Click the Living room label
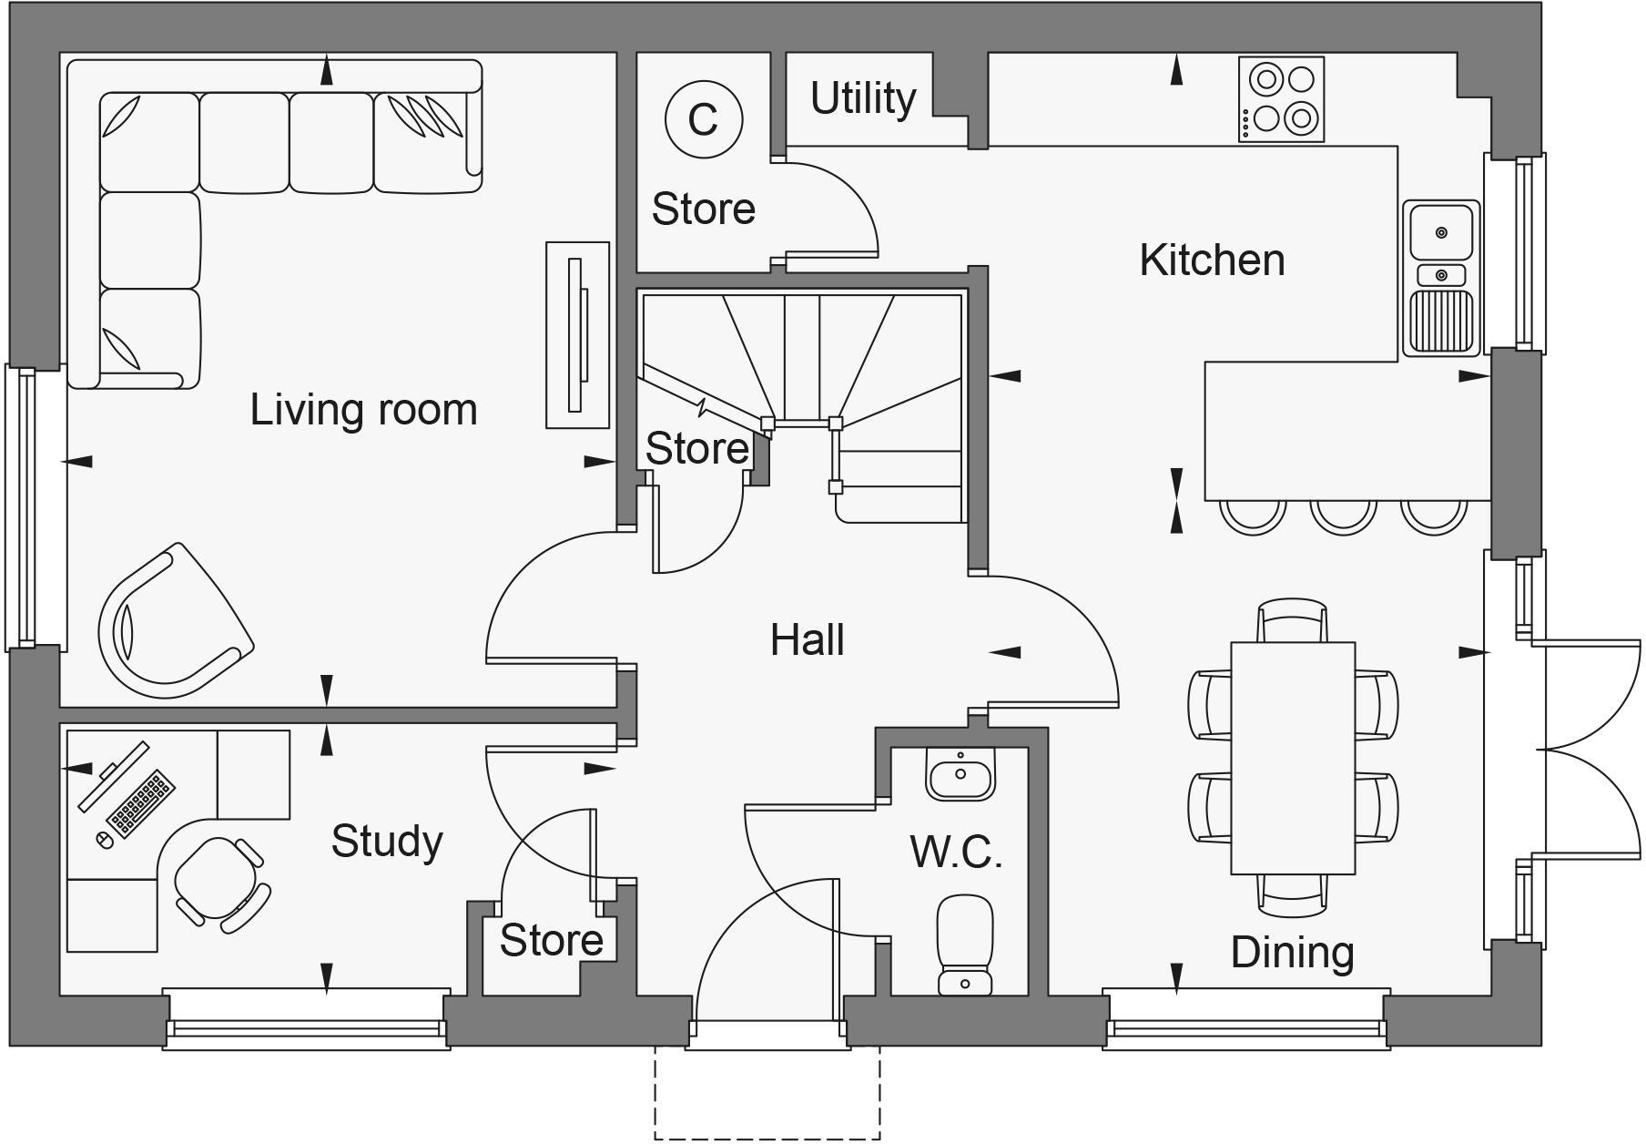(363, 410)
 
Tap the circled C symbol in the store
(704, 118)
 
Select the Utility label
(862, 98)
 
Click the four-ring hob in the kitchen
(1281, 99)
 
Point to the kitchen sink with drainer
(1440, 278)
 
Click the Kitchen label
(1212, 260)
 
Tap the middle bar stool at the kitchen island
(1343, 516)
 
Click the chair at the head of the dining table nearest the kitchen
(1292, 621)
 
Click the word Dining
(1292, 953)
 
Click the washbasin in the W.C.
(960, 775)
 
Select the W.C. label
(955, 853)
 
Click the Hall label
(807, 640)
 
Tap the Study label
(387, 841)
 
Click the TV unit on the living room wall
(577, 334)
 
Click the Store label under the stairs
(696, 449)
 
